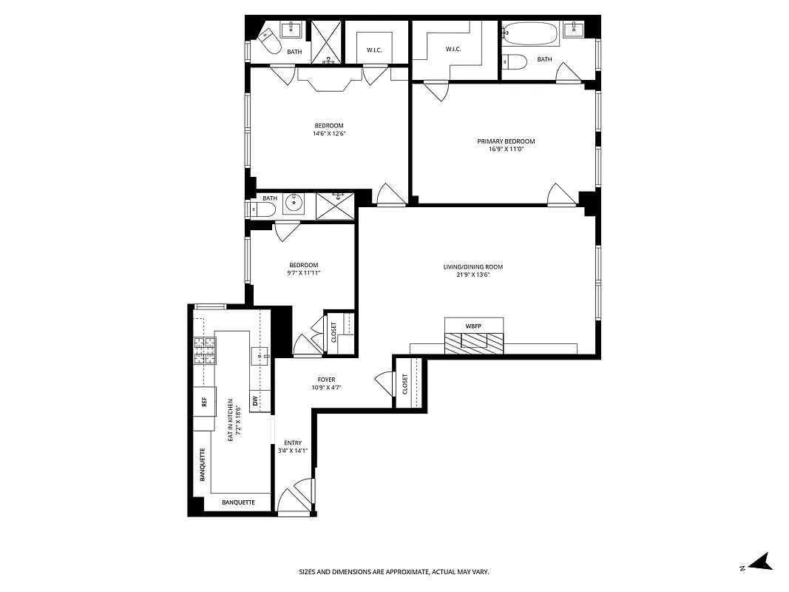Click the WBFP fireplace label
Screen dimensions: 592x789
473,326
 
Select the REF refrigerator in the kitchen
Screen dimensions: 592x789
204,402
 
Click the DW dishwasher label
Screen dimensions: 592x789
255,401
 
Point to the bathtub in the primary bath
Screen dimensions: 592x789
531,34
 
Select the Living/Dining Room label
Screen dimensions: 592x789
473,266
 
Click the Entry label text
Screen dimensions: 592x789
293,443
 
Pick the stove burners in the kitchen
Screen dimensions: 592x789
205,350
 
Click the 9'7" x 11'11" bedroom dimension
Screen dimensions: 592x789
303,273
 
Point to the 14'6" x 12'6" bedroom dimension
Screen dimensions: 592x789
328,134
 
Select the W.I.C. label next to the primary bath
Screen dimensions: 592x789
453,50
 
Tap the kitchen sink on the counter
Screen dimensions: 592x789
260,355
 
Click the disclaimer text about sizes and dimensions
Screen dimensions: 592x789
394,572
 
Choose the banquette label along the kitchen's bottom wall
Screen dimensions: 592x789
239,502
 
